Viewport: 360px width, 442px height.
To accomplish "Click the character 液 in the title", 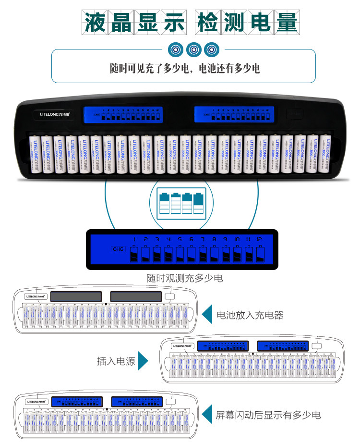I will (96, 22).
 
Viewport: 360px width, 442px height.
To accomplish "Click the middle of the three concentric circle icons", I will (193, 49).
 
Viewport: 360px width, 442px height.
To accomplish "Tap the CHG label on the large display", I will (118, 249).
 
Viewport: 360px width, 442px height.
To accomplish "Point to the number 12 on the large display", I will (260, 239).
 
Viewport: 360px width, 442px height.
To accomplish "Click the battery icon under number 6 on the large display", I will (191, 254).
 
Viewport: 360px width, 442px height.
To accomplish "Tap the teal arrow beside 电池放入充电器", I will (207, 315).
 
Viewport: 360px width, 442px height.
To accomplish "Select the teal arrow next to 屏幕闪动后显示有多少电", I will (207, 415).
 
